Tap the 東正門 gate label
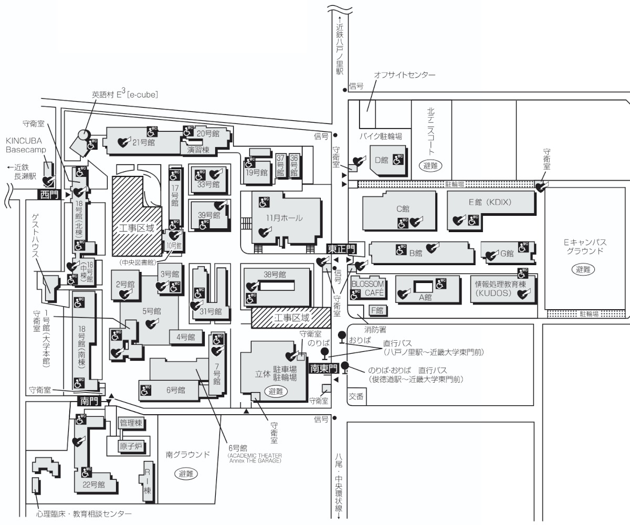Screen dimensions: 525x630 point(341,248)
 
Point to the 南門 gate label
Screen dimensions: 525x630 point(88,401)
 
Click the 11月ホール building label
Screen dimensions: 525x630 point(285,218)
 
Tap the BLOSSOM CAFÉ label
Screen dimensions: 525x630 point(368,288)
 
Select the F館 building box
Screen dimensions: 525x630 point(377,310)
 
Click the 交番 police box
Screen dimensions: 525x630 point(356,397)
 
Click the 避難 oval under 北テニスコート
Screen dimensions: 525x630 point(431,165)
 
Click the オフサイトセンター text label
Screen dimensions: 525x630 point(404,76)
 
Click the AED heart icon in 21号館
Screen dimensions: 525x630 point(123,141)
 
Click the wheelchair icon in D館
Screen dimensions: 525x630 point(397,159)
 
